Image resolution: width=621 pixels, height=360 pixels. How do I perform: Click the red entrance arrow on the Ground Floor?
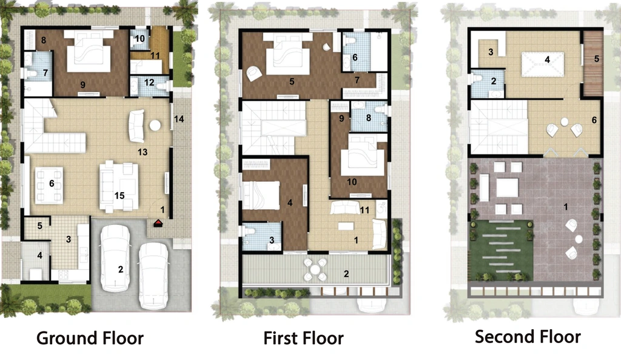click(158, 223)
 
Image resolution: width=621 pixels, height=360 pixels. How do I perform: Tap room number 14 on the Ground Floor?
click(179, 119)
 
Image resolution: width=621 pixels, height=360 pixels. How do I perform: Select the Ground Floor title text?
click(90, 338)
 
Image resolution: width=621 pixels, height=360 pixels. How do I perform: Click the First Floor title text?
click(303, 338)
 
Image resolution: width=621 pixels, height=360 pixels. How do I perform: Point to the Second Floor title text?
click(528, 336)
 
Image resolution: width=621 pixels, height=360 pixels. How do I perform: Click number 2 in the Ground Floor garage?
click(121, 270)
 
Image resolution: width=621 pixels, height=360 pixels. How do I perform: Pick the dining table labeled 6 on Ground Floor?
click(49, 185)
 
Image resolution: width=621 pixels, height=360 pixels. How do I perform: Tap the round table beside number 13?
click(155, 125)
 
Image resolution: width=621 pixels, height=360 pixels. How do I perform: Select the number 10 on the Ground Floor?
click(139, 39)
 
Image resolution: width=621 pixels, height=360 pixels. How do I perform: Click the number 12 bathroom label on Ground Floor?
click(149, 82)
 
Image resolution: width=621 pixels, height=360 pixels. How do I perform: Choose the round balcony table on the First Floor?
click(315, 270)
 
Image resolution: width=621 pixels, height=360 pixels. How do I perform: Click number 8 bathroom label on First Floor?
click(369, 118)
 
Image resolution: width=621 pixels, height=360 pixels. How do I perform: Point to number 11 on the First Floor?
click(364, 210)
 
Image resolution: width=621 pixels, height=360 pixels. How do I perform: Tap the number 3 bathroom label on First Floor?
click(272, 240)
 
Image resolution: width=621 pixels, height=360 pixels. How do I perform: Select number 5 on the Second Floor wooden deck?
click(597, 59)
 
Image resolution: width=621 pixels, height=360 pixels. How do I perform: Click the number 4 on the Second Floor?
click(548, 60)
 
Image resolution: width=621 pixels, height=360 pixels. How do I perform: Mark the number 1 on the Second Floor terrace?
click(566, 207)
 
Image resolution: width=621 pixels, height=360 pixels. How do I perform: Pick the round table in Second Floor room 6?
click(565, 121)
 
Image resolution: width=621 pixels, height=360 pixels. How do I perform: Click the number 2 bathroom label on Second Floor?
click(494, 81)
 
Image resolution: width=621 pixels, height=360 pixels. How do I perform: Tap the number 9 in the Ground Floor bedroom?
click(82, 85)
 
